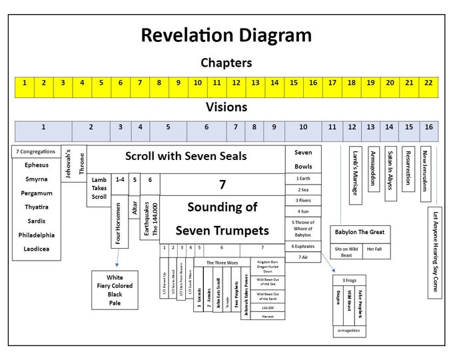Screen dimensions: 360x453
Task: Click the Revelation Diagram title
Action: click(226, 35)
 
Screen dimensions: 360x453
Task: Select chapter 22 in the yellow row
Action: click(428, 83)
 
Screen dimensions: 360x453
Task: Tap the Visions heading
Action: click(226, 107)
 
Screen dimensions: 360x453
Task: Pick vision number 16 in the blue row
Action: click(428, 127)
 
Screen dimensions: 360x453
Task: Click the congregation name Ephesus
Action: click(37, 165)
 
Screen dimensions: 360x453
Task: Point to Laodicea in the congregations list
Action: click(37, 249)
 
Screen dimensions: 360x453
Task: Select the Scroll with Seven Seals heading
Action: click(186, 157)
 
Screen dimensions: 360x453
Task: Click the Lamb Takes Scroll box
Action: click(99, 189)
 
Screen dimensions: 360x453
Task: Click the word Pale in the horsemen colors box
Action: click(115, 303)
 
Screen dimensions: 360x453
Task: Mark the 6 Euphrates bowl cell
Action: click(302, 246)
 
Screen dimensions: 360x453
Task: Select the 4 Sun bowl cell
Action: click(302, 211)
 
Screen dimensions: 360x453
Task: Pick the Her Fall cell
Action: click(374, 249)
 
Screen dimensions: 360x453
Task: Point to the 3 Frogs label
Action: click(349, 280)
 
